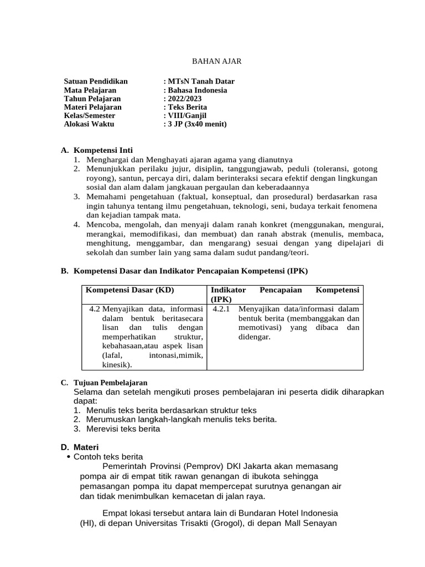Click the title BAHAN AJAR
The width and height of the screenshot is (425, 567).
coord(212,61)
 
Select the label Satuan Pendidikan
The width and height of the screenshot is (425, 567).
coord(96,81)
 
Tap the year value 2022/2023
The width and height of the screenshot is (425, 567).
coord(184,99)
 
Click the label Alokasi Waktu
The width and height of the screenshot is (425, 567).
coord(89,124)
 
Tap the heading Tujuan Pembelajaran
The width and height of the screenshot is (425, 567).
coord(110,383)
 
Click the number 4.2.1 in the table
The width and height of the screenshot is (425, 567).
coord(221,308)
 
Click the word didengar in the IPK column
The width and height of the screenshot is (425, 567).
coord(254,337)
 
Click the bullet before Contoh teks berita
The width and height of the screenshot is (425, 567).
coord(68,457)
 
